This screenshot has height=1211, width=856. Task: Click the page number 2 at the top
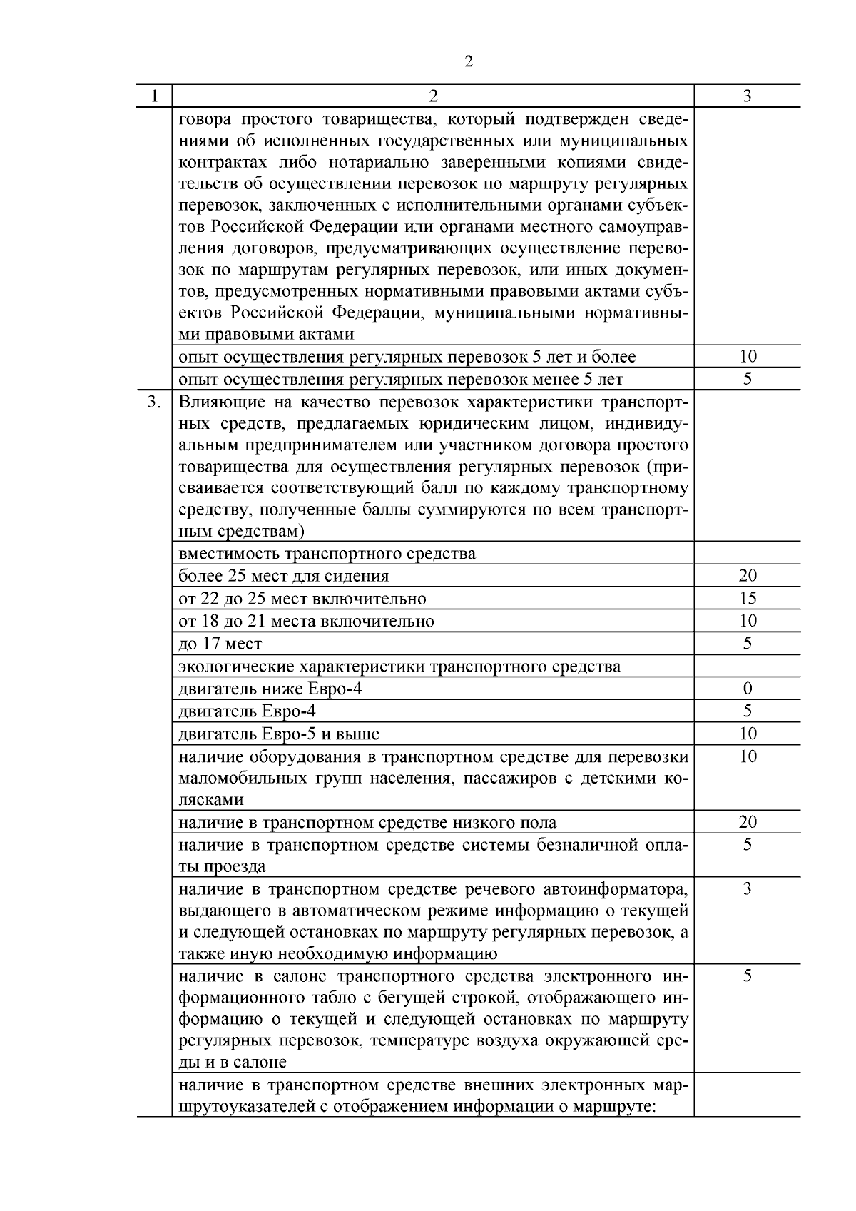[x=468, y=62]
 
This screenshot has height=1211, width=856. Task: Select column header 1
[x=154, y=96]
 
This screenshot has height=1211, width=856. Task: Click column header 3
[x=747, y=96]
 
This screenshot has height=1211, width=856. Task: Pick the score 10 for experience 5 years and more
[x=747, y=356]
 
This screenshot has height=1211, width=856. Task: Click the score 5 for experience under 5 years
[x=747, y=379]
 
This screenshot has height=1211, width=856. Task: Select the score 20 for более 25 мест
[x=747, y=576]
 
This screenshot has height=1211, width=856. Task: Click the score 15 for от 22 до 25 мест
[x=747, y=599]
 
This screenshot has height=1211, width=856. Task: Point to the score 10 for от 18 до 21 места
[x=747, y=621]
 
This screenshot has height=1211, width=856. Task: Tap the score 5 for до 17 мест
[x=747, y=644]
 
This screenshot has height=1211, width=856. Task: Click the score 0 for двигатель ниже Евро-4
[x=747, y=689]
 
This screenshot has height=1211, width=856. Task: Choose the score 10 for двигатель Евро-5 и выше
[x=747, y=734]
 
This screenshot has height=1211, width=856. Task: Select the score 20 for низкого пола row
[x=747, y=822]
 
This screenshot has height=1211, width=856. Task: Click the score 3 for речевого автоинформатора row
[x=747, y=889]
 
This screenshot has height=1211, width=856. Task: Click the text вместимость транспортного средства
[x=327, y=554]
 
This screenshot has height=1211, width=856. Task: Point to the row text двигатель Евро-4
[x=247, y=711]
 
